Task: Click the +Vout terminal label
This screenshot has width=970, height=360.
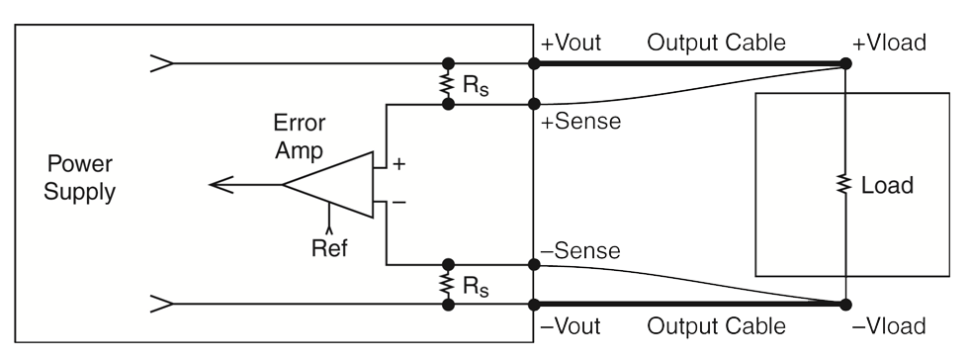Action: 571,44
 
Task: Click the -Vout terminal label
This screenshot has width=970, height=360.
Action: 571,326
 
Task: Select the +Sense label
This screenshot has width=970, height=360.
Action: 581,123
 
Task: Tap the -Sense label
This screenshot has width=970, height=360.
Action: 581,251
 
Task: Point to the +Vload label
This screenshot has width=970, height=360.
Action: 889,44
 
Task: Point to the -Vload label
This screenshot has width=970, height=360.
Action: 889,326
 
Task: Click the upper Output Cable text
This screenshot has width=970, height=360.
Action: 716,44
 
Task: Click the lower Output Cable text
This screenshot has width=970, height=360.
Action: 716,326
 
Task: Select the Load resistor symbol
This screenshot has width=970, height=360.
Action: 845,185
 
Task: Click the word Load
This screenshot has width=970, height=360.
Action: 887,185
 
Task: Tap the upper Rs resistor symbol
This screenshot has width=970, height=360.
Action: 449,84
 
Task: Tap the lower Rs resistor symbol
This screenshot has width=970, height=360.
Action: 449,285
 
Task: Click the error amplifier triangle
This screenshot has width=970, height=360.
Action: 331,184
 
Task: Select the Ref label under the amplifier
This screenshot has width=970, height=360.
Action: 329,247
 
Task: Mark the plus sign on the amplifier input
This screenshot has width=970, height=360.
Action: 398,164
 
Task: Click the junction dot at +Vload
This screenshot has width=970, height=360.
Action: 845,64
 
